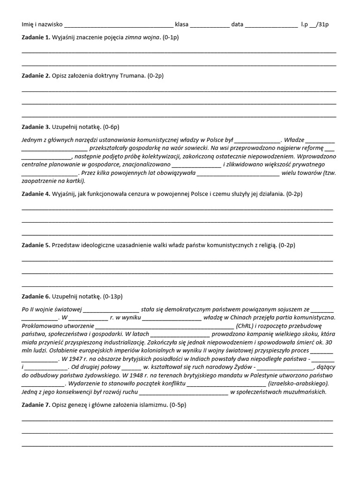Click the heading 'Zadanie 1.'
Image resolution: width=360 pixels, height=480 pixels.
[x=36, y=37]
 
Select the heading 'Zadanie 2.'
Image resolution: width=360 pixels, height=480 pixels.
[x=36, y=75]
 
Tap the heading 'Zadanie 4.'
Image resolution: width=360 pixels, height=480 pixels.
[x=36, y=194]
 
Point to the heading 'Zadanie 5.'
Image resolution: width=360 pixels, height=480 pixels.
[x=36, y=245]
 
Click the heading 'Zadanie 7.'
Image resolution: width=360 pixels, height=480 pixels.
[x=36, y=405]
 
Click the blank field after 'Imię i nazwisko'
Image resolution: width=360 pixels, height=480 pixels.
[x=119, y=24]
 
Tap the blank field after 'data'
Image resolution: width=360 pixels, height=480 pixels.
[x=271, y=24]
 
